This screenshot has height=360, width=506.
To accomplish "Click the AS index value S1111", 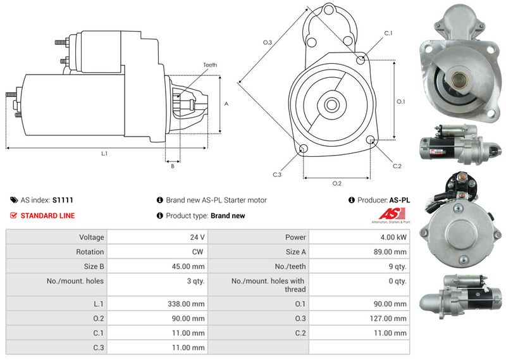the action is (63, 200).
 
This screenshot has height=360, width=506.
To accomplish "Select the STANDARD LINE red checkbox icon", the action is (13, 215).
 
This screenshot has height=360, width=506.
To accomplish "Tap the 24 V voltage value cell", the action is (157, 237).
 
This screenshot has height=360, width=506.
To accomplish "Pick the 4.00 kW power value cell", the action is (359, 237).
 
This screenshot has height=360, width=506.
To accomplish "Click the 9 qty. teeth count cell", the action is (359, 266).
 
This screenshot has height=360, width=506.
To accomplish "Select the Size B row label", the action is (94, 266).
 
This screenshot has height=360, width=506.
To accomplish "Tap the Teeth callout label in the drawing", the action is (210, 65).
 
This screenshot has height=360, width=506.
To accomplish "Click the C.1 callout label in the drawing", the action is (388, 33).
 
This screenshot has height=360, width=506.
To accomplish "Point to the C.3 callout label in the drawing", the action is (277, 175).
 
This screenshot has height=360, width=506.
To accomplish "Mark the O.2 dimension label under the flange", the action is (337, 183).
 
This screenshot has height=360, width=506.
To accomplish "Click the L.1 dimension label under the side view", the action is (104, 154).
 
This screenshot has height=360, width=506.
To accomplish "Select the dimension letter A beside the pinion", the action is (226, 104).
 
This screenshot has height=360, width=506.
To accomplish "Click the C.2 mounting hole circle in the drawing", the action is (371, 140).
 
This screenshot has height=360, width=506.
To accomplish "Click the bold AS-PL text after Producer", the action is (400, 200).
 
